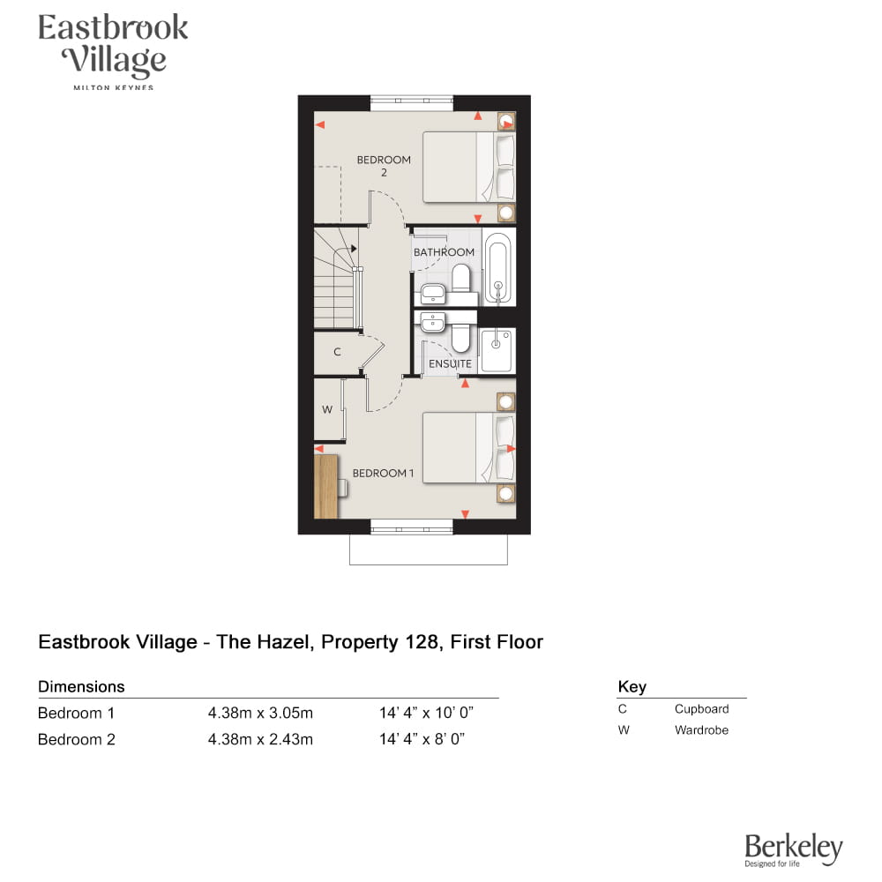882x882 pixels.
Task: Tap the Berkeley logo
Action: click(x=794, y=849)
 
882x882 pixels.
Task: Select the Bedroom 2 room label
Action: click(x=384, y=166)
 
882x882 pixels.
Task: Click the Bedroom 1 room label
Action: click(x=383, y=473)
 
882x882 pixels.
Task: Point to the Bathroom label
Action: click(x=444, y=252)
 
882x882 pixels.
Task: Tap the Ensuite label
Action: click(x=450, y=364)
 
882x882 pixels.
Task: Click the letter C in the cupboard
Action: click(x=337, y=352)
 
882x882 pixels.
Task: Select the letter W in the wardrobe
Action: click(x=327, y=409)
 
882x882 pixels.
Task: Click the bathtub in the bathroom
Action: click(x=498, y=268)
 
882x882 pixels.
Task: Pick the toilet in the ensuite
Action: click(x=460, y=335)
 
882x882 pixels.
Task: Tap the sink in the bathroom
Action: click(x=432, y=293)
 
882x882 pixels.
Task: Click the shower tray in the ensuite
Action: click(x=497, y=350)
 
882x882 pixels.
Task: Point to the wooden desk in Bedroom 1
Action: click(x=325, y=487)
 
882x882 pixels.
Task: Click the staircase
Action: click(x=336, y=278)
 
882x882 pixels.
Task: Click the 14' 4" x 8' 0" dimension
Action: click(x=422, y=739)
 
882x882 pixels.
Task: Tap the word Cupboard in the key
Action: click(x=701, y=709)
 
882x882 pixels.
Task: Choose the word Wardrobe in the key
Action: click(x=701, y=730)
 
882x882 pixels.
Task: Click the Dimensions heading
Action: click(x=81, y=686)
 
